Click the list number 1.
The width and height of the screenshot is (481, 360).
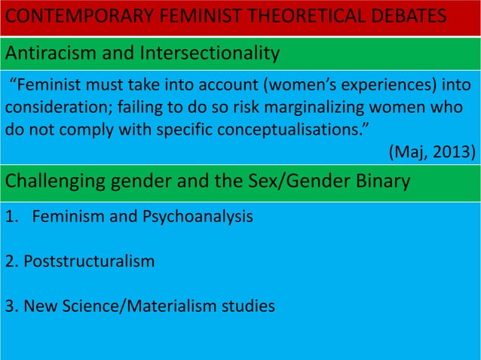[x=10, y=218]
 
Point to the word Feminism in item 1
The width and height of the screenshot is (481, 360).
[x=66, y=218]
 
